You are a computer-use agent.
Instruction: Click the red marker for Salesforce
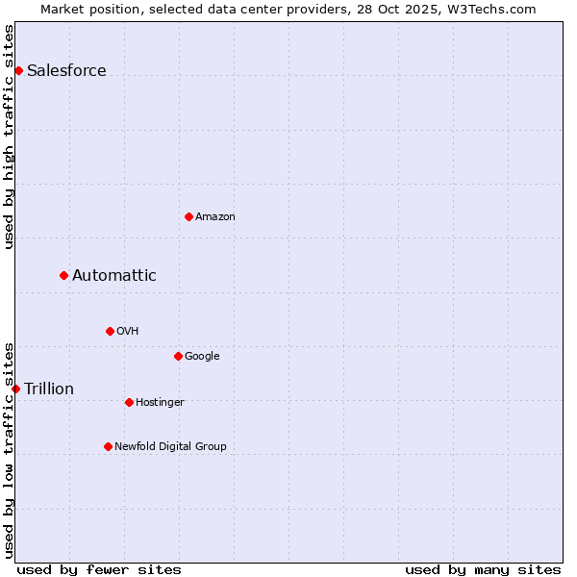[18, 70]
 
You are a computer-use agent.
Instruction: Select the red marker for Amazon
[188, 216]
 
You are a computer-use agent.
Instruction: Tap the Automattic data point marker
[63, 275]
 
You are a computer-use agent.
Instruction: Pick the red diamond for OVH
[110, 331]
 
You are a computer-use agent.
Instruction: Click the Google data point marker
[178, 356]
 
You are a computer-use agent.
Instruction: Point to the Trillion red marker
[15, 389]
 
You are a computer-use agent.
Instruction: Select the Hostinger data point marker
[129, 402]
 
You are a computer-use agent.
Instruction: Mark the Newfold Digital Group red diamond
[108, 446]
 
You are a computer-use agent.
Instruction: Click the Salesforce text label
[66, 70]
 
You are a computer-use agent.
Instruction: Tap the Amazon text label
[215, 216]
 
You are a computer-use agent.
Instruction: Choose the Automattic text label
[114, 275]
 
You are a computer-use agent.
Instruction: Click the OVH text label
[128, 331]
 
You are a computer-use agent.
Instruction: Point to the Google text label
[202, 356]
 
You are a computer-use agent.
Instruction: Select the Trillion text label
[49, 389]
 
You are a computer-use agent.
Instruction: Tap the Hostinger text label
[160, 402]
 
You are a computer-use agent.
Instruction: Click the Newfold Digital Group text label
[170, 446]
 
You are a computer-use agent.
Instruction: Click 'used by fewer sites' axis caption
[99, 569]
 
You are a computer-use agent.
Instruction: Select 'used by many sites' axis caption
[483, 569]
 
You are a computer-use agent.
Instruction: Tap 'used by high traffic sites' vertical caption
[10, 137]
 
